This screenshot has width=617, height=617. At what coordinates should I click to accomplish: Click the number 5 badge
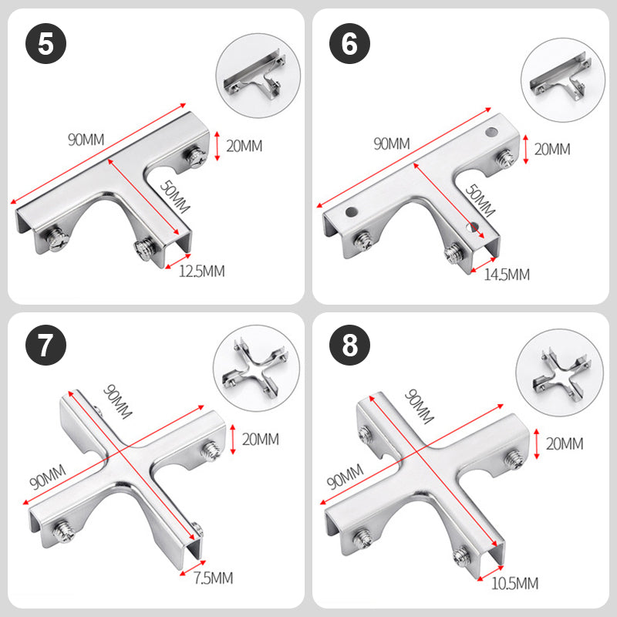pyautogui.click(x=46, y=43)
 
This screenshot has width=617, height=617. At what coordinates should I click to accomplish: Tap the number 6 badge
pyautogui.click(x=349, y=43)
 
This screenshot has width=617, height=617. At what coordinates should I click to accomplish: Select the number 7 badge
pyautogui.click(x=46, y=345)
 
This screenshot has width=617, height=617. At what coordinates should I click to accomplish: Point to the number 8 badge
pyautogui.click(x=349, y=345)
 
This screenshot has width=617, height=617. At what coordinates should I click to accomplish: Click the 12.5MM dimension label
pyautogui.click(x=202, y=271)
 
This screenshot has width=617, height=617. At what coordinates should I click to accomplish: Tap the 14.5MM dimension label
pyautogui.click(x=507, y=275)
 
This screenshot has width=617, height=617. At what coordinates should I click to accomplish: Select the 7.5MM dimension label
pyautogui.click(x=214, y=578)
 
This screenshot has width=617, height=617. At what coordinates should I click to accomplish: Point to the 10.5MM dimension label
pyautogui.click(x=514, y=583)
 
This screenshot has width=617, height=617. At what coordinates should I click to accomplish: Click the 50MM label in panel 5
pyautogui.click(x=175, y=197)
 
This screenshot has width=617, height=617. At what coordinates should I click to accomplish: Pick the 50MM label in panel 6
pyautogui.click(x=480, y=201)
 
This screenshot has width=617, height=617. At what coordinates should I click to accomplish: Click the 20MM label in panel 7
pyautogui.click(x=261, y=439)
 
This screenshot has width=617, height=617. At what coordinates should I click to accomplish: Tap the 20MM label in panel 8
pyautogui.click(x=565, y=444)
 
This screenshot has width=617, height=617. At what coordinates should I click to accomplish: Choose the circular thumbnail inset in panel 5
pyautogui.click(x=258, y=76)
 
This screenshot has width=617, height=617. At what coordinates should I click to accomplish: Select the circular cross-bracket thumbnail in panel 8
pyautogui.click(x=560, y=373)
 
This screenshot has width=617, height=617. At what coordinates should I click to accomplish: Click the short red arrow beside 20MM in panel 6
pyautogui.click(x=526, y=150)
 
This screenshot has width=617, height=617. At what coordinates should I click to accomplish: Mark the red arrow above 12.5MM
pyautogui.click(x=178, y=261)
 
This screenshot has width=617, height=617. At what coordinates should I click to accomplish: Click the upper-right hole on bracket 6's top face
pyautogui.click(x=491, y=132)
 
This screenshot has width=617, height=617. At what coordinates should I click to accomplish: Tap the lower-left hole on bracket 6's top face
pyautogui.click(x=352, y=211)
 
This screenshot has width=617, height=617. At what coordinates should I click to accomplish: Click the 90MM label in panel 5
pyautogui.click(x=86, y=140)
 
